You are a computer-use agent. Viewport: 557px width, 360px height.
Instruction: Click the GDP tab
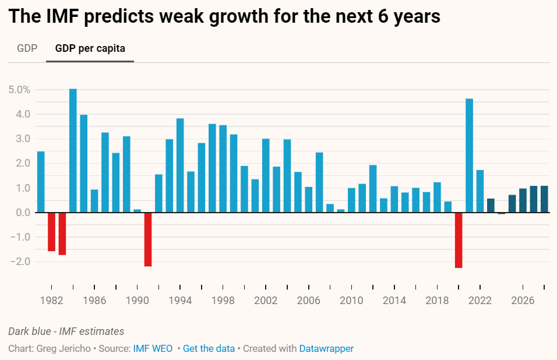point(27,48)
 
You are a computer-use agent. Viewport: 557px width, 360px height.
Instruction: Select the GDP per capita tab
point(90,48)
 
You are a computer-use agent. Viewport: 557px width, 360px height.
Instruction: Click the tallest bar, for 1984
point(73,150)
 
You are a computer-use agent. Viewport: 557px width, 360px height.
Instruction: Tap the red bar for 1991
point(148,239)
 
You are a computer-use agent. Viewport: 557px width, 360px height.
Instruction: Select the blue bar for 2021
point(470,156)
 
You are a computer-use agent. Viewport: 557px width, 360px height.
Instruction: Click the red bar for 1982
point(51,232)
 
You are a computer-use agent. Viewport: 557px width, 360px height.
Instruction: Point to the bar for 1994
point(180,165)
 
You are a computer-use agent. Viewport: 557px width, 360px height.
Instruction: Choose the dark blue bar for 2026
point(523,200)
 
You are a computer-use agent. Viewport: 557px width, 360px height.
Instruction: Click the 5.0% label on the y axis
point(19,90)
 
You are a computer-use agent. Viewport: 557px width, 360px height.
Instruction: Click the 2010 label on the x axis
point(351,301)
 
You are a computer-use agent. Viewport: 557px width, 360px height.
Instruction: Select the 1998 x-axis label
point(223,301)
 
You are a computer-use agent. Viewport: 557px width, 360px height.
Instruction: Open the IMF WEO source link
point(153,348)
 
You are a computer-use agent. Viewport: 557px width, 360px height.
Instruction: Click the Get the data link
point(209,348)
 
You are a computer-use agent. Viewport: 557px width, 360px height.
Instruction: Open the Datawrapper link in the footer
point(326,348)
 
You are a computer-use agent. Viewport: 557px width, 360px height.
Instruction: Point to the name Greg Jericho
point(63,348)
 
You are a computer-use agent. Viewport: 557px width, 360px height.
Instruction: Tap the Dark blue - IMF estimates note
point(66,331)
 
